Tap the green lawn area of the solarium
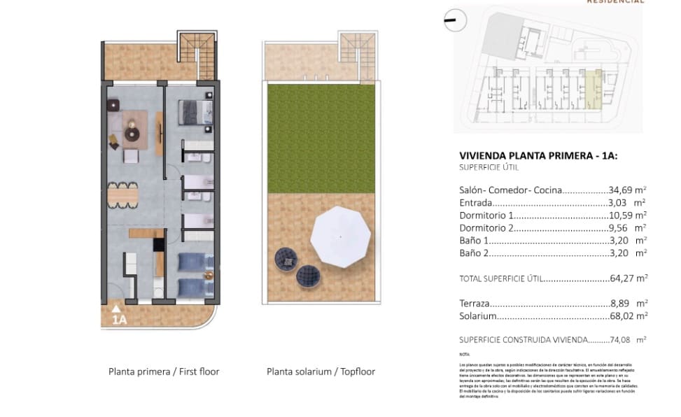point(319,136)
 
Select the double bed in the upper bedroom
point(195,111)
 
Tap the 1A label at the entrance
point(119,320)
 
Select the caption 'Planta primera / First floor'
point(164,372)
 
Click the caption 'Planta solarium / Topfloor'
point(321,372)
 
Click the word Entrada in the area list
point(477,202)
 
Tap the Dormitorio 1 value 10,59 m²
point(626,215)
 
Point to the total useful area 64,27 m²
point(627,278)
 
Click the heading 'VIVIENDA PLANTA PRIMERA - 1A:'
point(538,156)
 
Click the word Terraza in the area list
point(475,304)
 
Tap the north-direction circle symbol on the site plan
point(453,21)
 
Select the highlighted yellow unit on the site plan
point(594,90)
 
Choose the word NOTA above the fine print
point(465,355)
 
